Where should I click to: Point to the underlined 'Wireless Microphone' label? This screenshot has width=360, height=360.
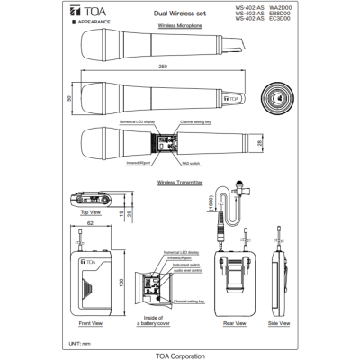[x=179, y=28]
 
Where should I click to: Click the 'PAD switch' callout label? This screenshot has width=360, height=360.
[x=191, y=164]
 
